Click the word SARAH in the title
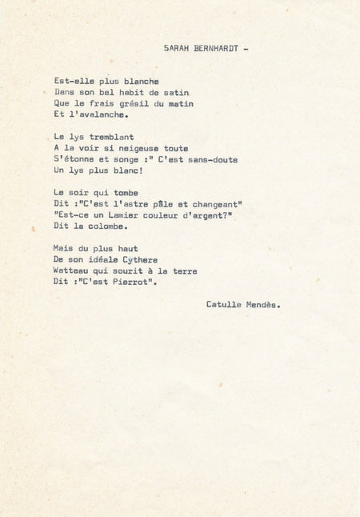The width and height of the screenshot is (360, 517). point(176,48)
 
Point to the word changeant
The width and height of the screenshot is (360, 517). point(214,204)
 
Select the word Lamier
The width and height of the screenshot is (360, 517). point(124,215)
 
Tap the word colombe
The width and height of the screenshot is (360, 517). point(109,226)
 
